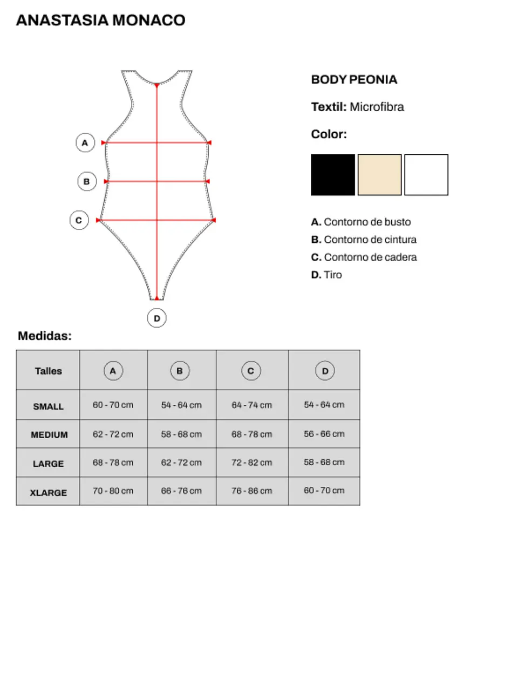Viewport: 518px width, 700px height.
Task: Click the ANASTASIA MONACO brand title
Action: pos(100,21)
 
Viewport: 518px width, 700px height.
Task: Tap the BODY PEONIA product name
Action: pos(354,79)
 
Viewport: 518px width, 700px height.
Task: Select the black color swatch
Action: pos(333,175)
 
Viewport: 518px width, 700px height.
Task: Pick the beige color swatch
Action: pos(379,175)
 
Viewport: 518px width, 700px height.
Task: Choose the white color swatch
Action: pos(426,175)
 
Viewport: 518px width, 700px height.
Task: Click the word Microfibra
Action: pos(377,107)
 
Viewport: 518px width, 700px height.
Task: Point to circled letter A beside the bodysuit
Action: pos(85,143)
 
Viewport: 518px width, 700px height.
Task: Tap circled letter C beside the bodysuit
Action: pos(79,220)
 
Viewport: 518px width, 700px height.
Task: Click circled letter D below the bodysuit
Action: pos(156,318)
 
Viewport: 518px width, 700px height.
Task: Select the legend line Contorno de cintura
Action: pos(364,240)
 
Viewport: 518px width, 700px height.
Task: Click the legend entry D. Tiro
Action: pos(326,275)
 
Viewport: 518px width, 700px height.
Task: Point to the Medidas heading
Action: pos(45,336)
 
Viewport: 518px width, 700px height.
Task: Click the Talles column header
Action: pos(49,371)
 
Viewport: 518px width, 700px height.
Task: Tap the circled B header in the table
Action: pos(180,371)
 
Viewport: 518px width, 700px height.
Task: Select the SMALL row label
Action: pos(49,406)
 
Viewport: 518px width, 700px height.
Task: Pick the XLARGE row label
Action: pos(49,492)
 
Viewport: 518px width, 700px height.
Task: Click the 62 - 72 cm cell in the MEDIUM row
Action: pos(113,434)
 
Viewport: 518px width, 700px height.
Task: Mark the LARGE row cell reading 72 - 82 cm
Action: pos(252,463)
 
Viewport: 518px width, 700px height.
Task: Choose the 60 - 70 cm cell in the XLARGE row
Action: pos(324,491)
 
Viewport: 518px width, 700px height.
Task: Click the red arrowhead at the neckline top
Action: pos(156,86)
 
